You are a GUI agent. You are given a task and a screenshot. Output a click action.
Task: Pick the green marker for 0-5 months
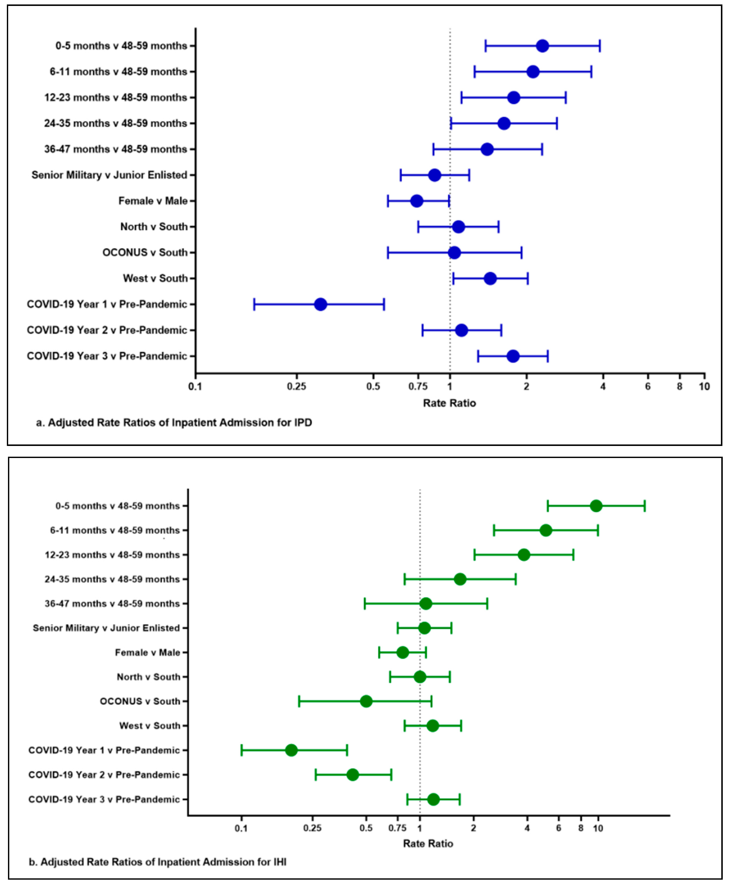point(596,506)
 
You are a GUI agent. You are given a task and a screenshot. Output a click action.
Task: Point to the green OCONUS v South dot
point(366,701)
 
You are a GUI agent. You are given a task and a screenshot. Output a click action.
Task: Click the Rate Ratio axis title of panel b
point(428,843)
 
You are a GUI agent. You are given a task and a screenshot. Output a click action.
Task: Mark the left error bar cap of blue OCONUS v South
point(388,253)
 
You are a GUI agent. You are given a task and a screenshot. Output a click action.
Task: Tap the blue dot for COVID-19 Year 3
point(513,356)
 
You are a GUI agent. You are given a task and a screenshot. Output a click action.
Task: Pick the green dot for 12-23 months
point(524,555)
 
